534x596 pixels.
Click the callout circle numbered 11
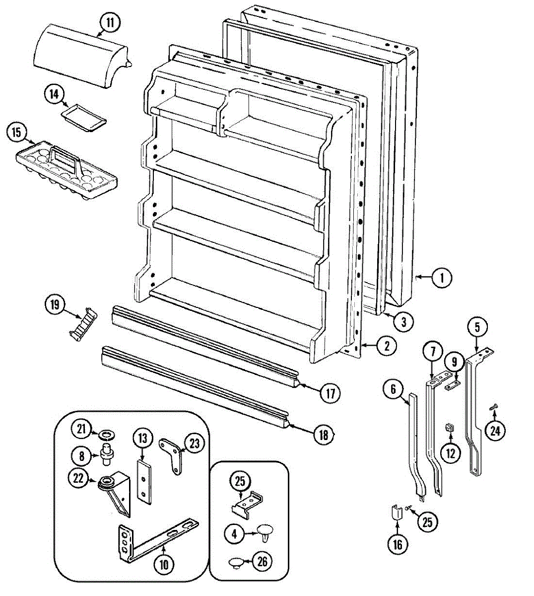[x=110, y=22]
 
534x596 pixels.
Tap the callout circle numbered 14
[x=55, y=94]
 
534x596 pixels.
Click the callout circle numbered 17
[x=330, y=393]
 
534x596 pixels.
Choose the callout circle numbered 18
[x=323, y=435]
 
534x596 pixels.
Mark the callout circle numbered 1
[x=441, y=278]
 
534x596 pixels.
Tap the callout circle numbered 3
[x=403, y=322]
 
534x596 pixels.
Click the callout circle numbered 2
[x=386, y=346]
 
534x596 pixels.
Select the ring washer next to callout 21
[x=105, y=436]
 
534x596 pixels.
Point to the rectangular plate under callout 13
[x=143, y=481]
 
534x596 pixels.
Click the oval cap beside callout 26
[x=237, y=562]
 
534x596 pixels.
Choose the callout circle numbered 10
[x=164, y=564]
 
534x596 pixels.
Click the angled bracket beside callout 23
[x=173, y=454]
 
